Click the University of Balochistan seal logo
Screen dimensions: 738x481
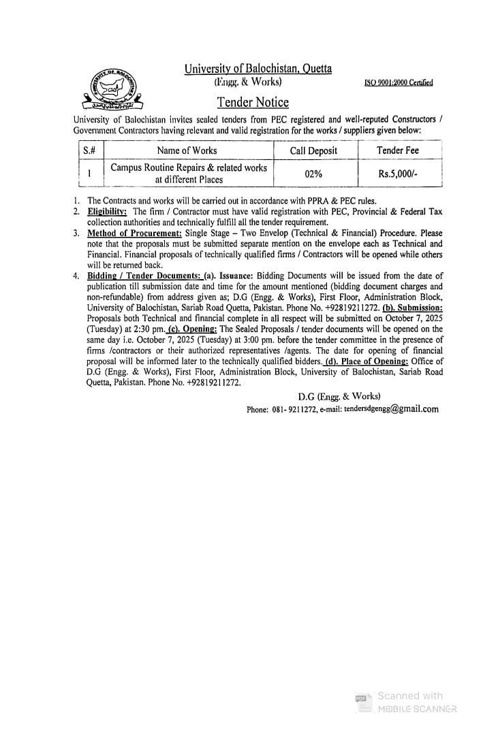pos(112,89)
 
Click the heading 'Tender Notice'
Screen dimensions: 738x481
pos(253,103)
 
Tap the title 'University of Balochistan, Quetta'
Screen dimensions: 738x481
pos(258,69)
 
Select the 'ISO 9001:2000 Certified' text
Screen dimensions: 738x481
pos(399,83)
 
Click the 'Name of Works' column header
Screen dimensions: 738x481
pos(187,150)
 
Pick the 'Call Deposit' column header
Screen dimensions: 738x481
pos(313,150)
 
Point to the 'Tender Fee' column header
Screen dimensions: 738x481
pos(398,150)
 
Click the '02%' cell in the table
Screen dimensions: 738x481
pos(313,174)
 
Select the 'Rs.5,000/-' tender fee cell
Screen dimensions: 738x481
pos(398,174)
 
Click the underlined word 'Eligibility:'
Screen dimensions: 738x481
pos(107,212)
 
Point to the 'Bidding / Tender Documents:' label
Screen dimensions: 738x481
pos(144,276)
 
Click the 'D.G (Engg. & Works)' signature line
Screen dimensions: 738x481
pos(339,396)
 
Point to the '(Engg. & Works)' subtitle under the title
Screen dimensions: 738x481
pos(248,82)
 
